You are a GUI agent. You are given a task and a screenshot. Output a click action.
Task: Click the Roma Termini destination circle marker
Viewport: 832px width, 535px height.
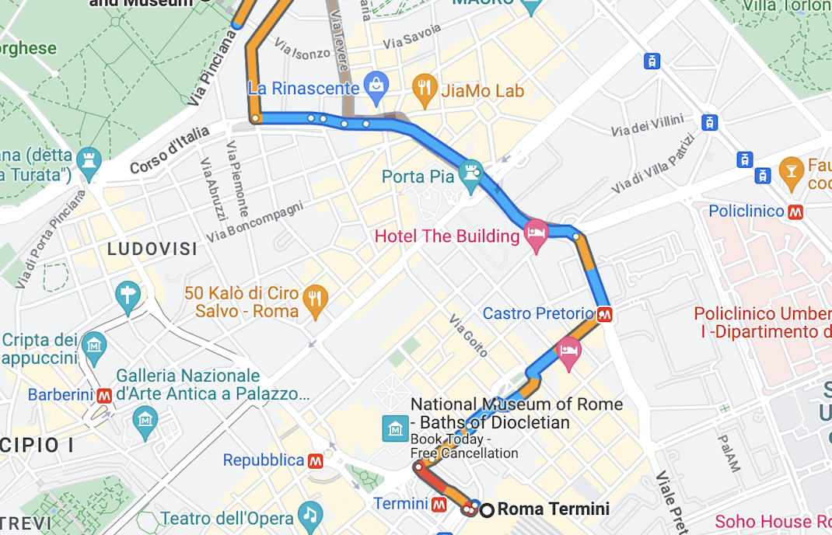[x=487, y=510]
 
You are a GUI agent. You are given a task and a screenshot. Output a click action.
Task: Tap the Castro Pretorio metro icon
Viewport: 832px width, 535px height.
[x=604, y=315]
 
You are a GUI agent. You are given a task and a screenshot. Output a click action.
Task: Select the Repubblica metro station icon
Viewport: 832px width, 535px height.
[x=315, y=461]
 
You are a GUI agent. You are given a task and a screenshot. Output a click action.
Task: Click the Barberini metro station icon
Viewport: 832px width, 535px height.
[x=104, y=395]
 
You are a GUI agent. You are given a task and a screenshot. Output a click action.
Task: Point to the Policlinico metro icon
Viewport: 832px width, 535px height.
[x=795, y=212]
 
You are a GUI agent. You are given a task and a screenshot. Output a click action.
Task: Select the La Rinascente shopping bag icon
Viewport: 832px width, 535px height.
[x=376, y=85]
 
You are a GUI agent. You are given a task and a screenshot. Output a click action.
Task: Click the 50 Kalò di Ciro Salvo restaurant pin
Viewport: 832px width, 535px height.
[x=315, y=299]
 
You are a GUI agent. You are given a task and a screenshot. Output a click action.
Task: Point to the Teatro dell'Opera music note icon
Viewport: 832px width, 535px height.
[x=310, y=516]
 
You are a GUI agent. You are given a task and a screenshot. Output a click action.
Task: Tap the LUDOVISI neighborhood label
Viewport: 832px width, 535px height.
[x=152, y=250]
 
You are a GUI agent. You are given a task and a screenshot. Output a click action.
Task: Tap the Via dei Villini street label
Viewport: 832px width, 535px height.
[x=647, y=125]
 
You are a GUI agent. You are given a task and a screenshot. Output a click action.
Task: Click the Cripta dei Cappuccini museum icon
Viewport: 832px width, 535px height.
[x=94, y=344]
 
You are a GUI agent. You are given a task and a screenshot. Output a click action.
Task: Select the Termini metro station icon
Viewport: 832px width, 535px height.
[x=439, y=505]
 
